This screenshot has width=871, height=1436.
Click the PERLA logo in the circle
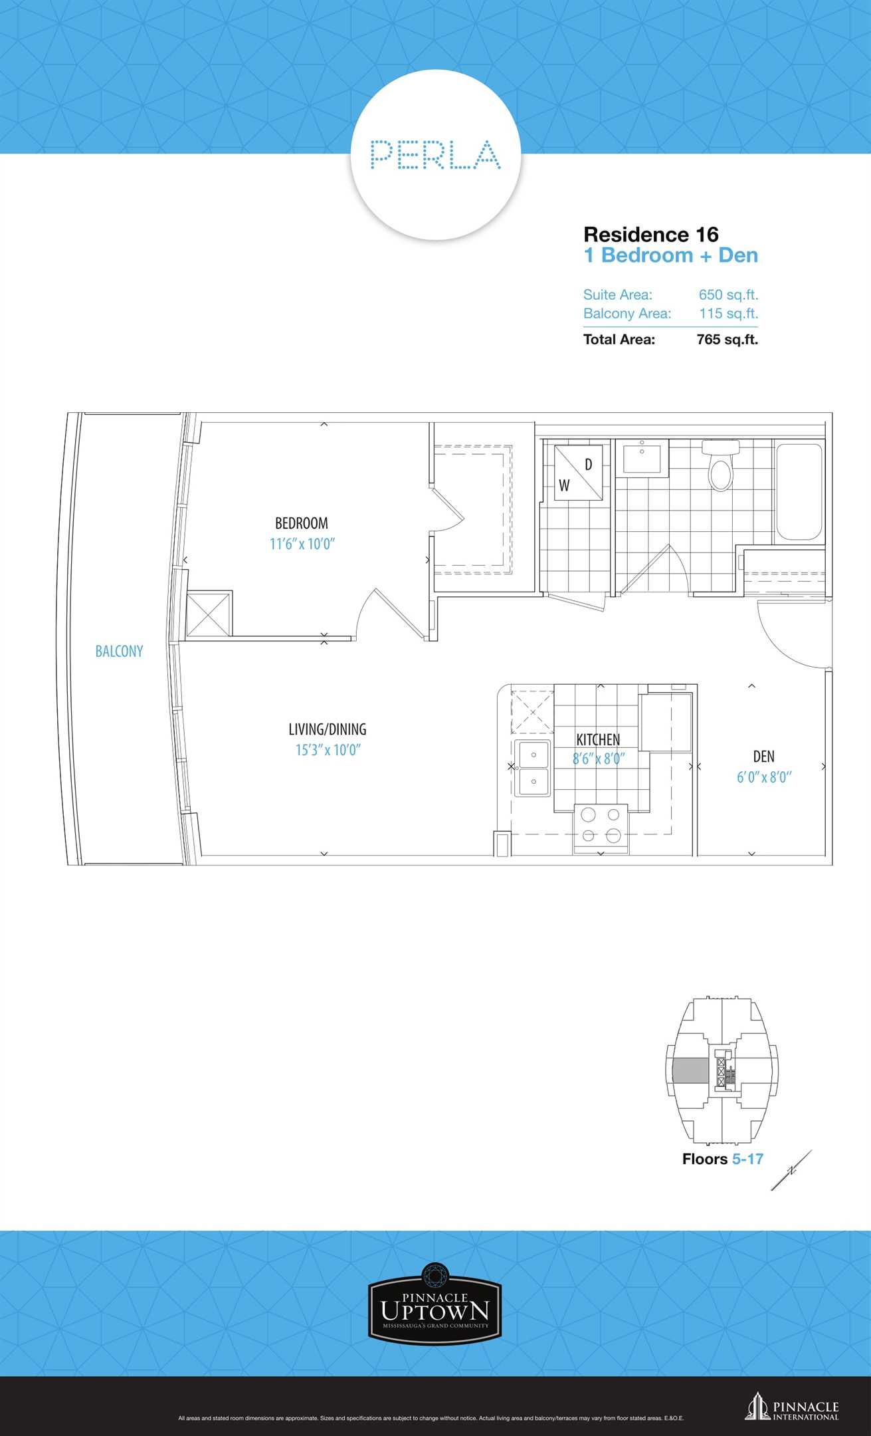[x=435, y=154]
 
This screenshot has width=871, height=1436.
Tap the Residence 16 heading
[x=651, y=235]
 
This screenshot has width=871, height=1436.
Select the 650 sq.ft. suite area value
[x=728, y=295]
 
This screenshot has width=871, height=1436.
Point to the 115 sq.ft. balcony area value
[x=728, y=313]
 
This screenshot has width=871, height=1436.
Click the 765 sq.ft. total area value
[x=727, y=339]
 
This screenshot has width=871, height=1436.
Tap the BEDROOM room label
[x=302, y=523]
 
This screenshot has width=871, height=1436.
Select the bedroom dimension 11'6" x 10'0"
[x=302, y=544]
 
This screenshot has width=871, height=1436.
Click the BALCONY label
[x=119, y=651]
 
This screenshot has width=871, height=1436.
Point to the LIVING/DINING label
[x=328, y=729]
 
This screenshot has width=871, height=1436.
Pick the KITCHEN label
[x=598, y=739]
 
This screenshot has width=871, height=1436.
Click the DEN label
[x=764, y=757]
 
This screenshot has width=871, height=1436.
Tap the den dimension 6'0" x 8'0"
[x=764, y=777]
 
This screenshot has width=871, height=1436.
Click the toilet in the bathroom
[x=720, y=464]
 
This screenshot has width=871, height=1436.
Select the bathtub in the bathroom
[x=799, y=491]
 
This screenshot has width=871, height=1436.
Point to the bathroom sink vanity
[x=642, y=457]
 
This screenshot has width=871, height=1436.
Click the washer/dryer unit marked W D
[x=579, y=473]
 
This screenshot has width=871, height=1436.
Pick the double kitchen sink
[x=533, y=768]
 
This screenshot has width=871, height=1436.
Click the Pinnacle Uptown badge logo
[x=435, y=1305]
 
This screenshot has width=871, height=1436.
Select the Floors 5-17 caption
[x=722, y=1159]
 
